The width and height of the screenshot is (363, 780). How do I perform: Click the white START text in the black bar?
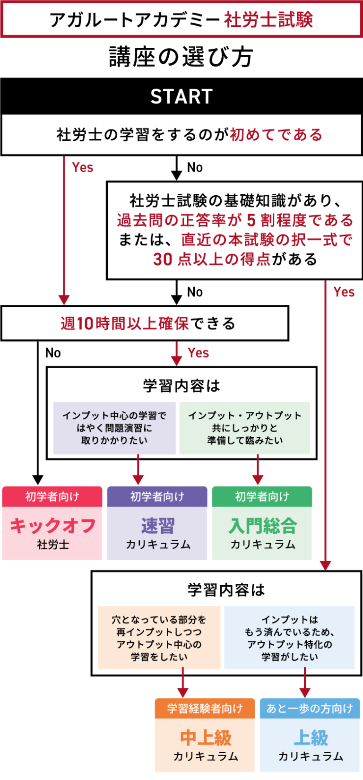tap(181, 96)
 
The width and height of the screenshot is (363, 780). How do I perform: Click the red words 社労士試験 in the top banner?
tap(268, 20)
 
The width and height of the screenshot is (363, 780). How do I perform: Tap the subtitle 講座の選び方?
tap(181, 57)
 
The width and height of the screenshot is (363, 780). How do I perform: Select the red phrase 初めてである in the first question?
tap(276, 135)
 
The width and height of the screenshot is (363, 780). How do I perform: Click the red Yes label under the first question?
tap(83, 167)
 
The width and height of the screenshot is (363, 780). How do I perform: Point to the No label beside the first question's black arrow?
tap(195, 167)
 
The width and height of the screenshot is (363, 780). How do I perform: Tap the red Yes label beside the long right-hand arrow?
tap(344, 292)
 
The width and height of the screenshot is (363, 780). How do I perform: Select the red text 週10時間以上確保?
tap(124, 323)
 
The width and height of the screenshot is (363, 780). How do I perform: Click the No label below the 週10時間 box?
tap(53, 353)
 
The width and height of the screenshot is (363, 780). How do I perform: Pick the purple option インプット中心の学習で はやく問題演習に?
tap(114, 428)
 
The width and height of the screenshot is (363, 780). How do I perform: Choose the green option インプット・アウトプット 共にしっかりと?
tap(245, 428)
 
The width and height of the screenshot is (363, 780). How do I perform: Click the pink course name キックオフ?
tap(52, 526)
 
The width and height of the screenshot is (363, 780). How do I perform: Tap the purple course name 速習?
tap(157, 526)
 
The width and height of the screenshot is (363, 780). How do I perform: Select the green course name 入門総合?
tap(262, 526)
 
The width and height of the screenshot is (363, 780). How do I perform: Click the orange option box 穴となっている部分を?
tap(159, 638)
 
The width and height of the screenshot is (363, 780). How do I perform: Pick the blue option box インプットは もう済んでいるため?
tap(289, 638)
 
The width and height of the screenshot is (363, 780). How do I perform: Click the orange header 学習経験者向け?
tap(205, 708)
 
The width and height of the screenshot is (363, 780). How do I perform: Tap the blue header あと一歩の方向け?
tap(310, 708)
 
